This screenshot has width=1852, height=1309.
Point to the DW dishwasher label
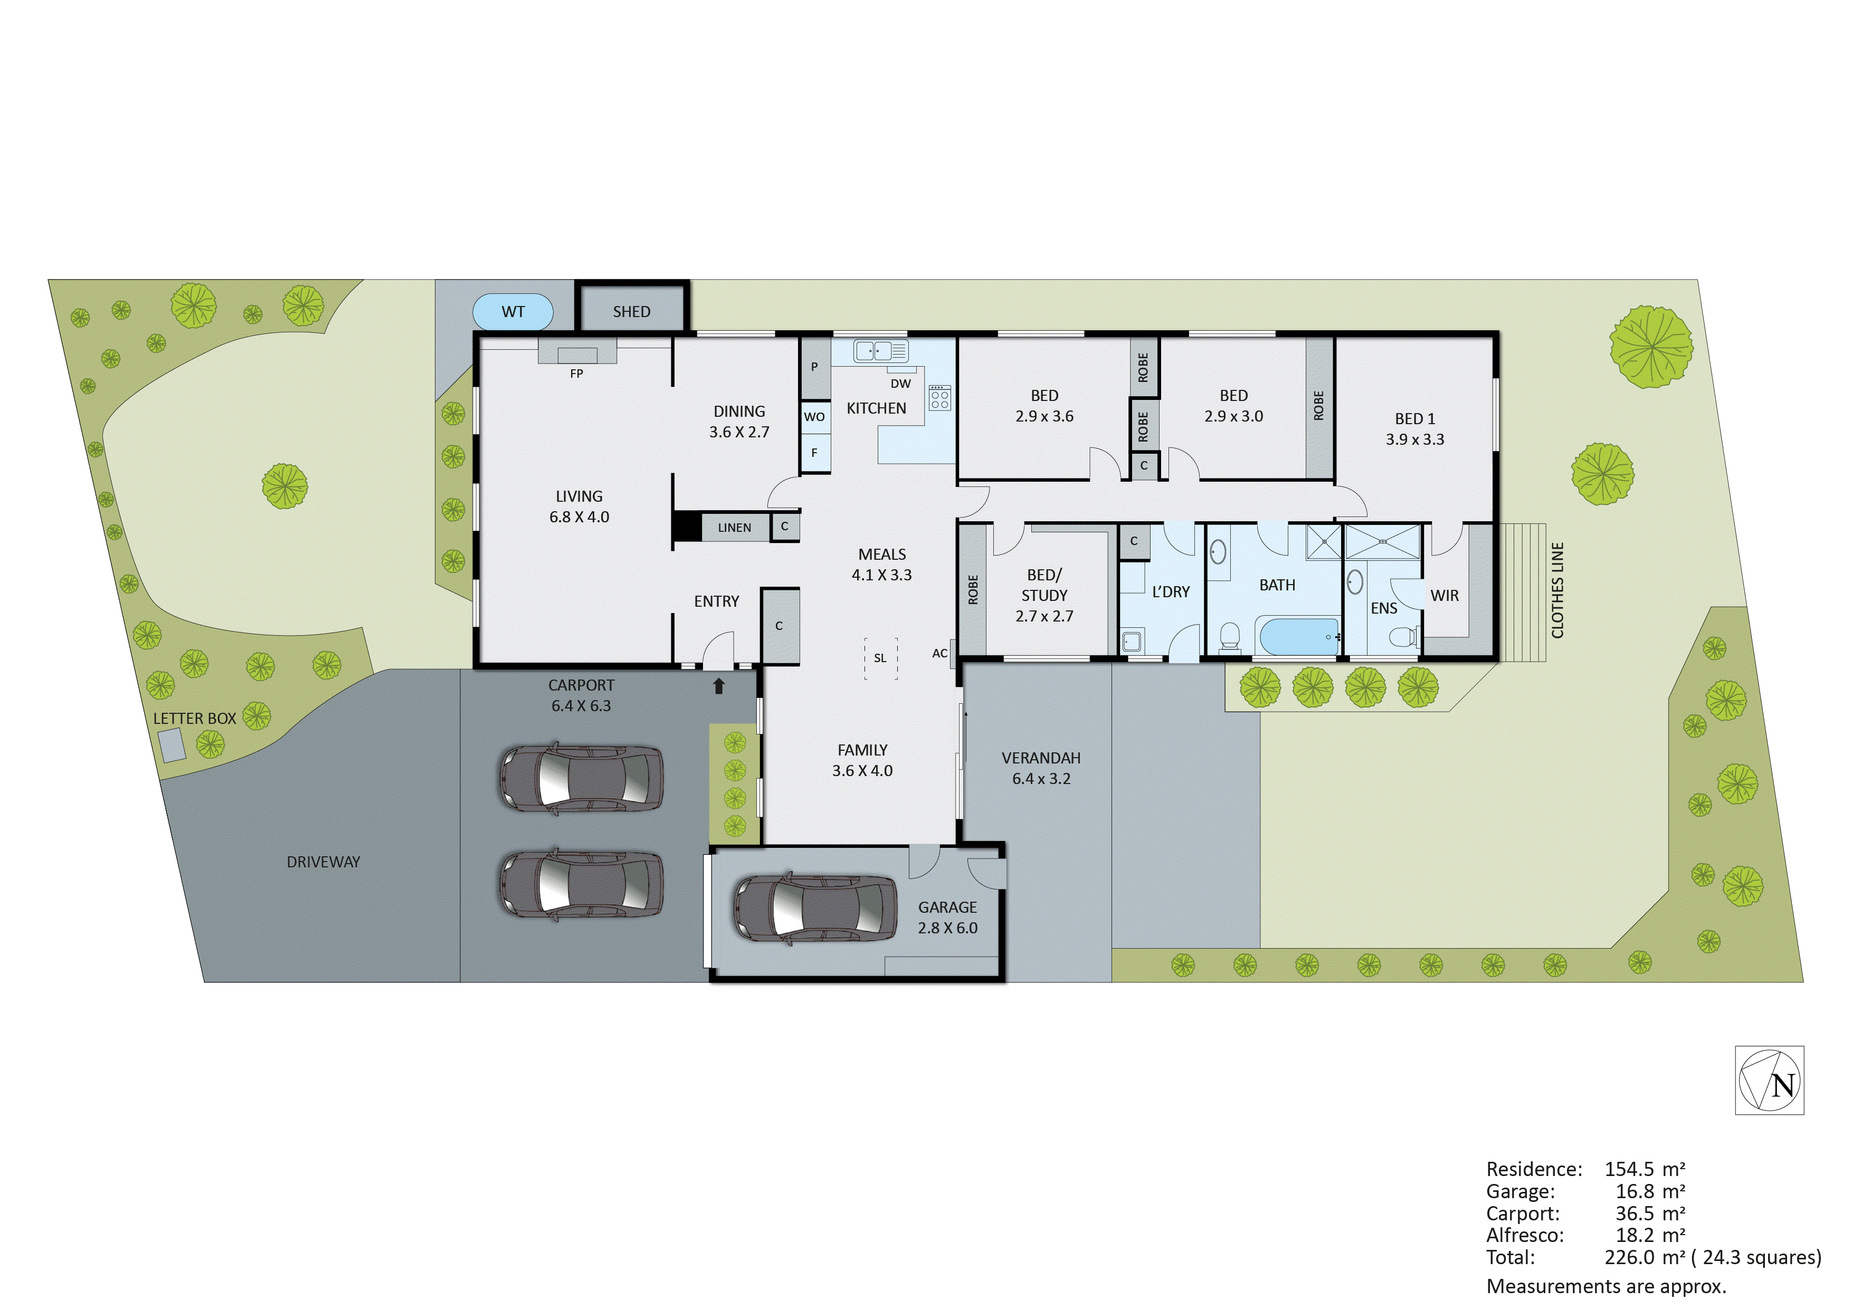click(901, 384)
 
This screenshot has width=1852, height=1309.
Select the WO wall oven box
click(815, 417)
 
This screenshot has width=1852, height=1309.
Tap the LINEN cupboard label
click(734, 528)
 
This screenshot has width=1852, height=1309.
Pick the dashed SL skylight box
click(880, 658)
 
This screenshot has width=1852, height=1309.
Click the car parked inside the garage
click(815, 908)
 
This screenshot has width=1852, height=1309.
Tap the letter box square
click(172, 744)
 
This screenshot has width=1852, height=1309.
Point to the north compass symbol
click(1769, 1081)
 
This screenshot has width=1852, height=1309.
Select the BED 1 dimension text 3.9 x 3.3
click(1415, 439)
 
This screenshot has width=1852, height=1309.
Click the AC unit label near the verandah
click(939, 653)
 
